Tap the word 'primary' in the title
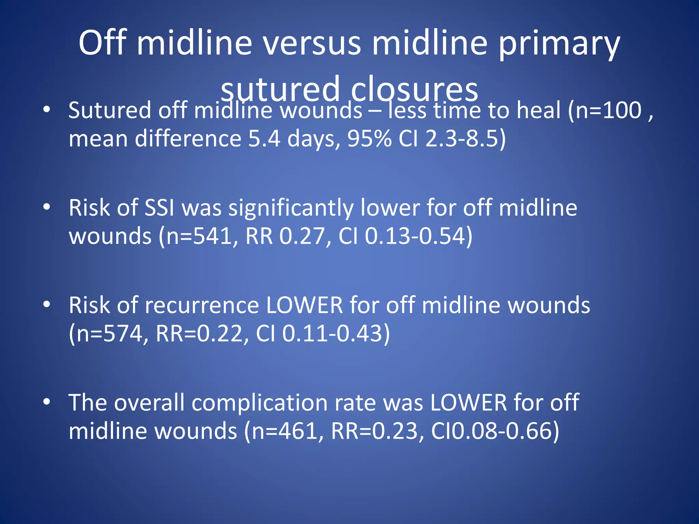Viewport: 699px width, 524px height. (x=559, y=43)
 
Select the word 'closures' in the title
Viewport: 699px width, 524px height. (x=414, y=89)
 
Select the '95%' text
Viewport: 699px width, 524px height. (x=369, y=139)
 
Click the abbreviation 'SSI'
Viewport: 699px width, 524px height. (x=159, y=208)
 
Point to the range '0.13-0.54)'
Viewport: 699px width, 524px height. (x=418, y=236)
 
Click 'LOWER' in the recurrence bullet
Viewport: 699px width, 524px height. (x=304, y=305)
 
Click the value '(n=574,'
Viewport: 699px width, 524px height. (x=109, y=334)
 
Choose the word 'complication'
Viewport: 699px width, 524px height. (x=259, y=403)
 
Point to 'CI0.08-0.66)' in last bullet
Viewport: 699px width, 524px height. (x=495, y=431)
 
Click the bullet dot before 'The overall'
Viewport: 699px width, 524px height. (x=47, y=402)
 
